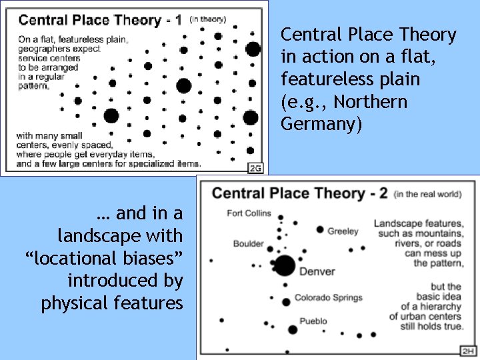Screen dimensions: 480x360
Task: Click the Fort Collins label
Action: tap(249, 213)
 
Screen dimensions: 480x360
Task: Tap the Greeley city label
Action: tap(343, 231)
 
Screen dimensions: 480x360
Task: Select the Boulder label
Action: tap(248, 244)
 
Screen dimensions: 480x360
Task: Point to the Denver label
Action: tap(317, 271)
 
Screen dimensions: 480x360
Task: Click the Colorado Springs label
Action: tap(328, 298)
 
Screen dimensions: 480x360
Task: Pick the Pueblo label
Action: tap(313, 321)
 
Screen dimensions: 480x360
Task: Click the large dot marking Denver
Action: tap(285, 266)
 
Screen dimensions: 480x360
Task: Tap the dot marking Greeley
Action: tap(320, 230)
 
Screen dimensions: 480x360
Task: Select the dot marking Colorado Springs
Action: tap(286, 302)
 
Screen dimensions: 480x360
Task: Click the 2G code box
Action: tap(256, 168)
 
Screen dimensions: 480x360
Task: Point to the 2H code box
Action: tap(469, 351)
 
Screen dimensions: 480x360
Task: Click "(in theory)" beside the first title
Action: tap(208, 19)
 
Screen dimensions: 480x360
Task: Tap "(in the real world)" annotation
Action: tap(427, 195)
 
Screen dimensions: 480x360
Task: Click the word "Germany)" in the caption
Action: tap(321, 125)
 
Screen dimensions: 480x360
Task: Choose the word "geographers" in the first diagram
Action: tap(47, 49)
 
